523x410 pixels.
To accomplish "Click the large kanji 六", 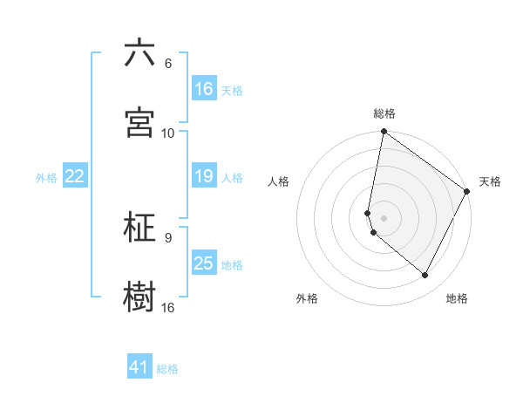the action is click(139, 54).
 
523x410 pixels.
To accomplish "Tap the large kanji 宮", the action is click(139, 123).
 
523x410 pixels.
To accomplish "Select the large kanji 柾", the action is click(139, 228).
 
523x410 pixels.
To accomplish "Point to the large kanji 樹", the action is click(139, 297).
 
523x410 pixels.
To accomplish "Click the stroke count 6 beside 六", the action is click(167, 64).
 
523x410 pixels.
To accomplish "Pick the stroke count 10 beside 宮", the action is click(168, 133).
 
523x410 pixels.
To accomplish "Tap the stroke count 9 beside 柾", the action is click(167, 237).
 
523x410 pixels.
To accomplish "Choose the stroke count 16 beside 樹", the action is click(168, 307).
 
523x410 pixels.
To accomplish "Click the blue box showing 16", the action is click(203, 89).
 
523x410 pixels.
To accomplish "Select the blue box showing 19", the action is click(203, 176).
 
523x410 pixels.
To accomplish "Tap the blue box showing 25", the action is click(203, 263).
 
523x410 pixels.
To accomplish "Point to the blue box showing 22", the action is click(75, 176).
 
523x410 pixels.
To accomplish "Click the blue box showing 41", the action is click(139, 367).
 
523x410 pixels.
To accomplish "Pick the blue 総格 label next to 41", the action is click(167, 369).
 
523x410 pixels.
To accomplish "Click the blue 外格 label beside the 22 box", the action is click(46, 177).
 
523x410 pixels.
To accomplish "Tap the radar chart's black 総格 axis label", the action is click(384, 113).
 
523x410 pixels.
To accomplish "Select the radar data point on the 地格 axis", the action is click(425, 275).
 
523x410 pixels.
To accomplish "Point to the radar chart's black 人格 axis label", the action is click(279, 181).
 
